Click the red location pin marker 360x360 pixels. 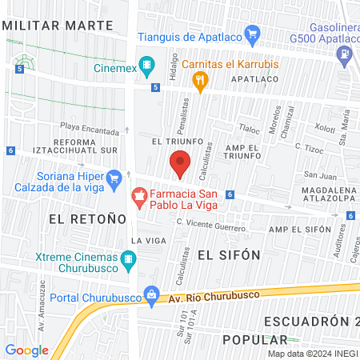(x=180, y=164)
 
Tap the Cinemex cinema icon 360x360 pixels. (x=146, y=64)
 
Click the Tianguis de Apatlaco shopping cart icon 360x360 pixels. (x=254, y=34)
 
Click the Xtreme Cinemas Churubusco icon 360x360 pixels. (x=128, y=259)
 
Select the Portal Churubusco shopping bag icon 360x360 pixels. (x=150, y=295)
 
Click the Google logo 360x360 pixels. (x=26, y=350)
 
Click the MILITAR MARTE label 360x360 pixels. (x=58, y=24)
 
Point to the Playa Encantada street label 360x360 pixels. (x=89, y=127)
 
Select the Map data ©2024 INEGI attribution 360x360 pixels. (x=312, y=354)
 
